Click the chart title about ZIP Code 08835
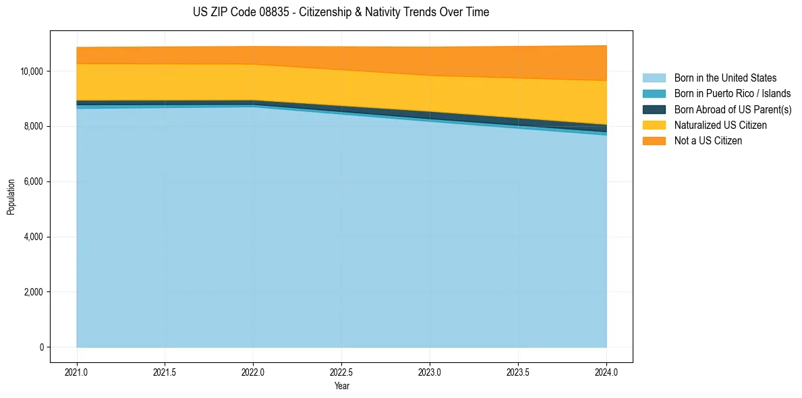pyautogui.click(x=341, y=12)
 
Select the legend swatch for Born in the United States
pyautogui.click(x=654, y=78)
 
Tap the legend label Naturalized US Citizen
pyautogui.click(x=720, y=125)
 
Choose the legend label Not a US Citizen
pyautogui.click(x=708, y=140)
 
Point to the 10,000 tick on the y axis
pyautogui.click(x=32, y=72)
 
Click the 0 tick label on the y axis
pyautogui.click(x=42, y=347)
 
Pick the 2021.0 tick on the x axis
pyautogui.click(x=77, y=372)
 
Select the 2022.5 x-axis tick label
pyautogui.click(x=342, y=372)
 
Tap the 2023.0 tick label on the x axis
pyautogui.click(x=430, y=372)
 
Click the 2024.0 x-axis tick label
pyautogui.click(x=606, y=372)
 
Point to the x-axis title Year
pyautogui.click(x=342, y=386)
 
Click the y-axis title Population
pyautogui.click(x=11, y=197)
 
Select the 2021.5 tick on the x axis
pyautogui.click(x=165, y=372)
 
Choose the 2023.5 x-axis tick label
pyautogui.click(x=518, y=372)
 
